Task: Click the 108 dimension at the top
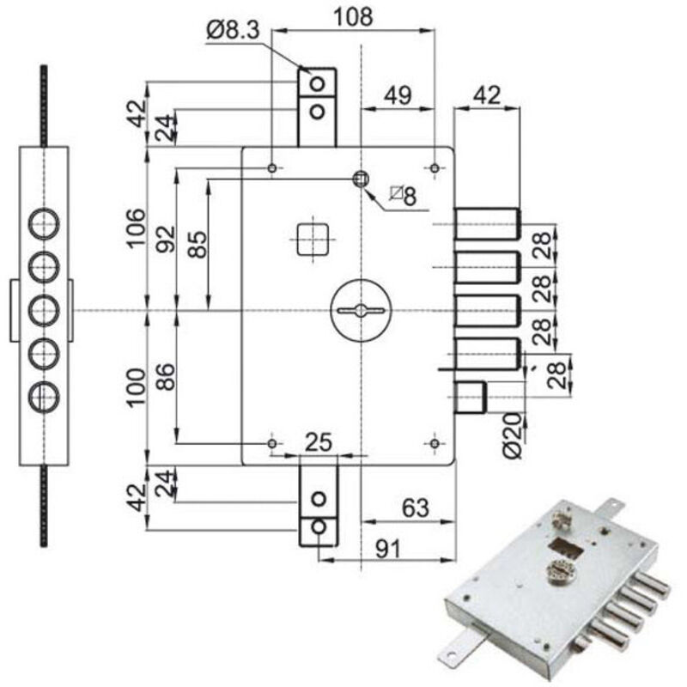[x=354, y=17]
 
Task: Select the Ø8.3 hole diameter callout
[x=232, y=31]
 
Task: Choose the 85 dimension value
[x=197, y=246]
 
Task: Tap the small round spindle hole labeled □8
[x=361, y=178]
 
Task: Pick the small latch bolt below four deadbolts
[x=470, y=398]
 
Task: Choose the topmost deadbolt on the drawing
[x=486, y=223]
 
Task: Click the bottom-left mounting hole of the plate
[x=272, y=443]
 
